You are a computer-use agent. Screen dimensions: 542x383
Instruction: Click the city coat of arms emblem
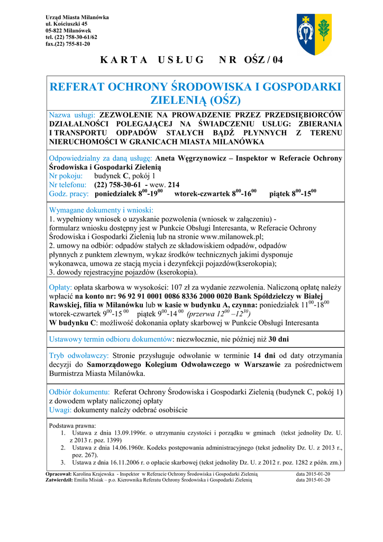coord(313,34)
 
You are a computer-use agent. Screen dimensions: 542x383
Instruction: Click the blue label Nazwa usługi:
coord(72,115)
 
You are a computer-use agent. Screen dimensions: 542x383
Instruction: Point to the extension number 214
coord(174,185)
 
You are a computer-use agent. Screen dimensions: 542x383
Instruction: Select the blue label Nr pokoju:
coord(66,176)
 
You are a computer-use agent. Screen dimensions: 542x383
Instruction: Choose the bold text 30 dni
coord(278,339)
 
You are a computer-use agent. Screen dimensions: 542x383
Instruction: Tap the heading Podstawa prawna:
coord(72,426)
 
